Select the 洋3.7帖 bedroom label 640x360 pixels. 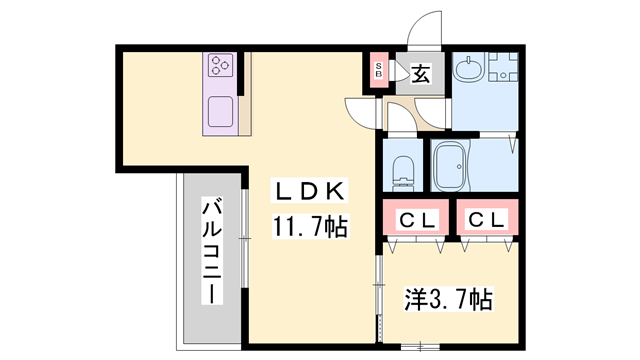pyautogui.click(x=448, y=298)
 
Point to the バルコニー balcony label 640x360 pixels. pyautogui.click(x=212, y=251)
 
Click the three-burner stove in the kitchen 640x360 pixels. pyautogui.click(x=220, y=67)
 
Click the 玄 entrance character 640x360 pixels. pyautogui.click(x=419, y=72)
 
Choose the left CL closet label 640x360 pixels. pyautogui.click(x=412, y=219)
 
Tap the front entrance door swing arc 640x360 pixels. pyautogui.click(x=428, y=30)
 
